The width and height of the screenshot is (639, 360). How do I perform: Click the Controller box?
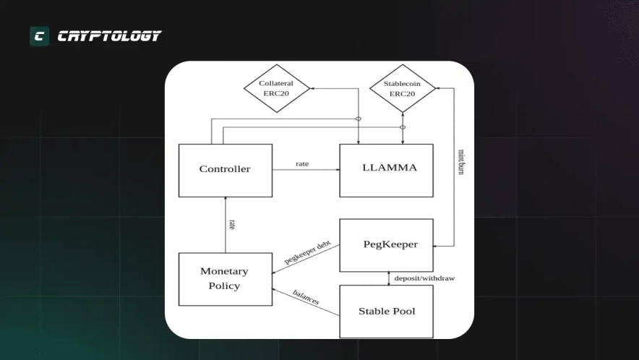pos(225,170)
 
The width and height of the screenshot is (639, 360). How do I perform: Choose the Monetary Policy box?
pos(225,278)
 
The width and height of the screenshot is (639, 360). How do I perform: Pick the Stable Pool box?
pos(386,312)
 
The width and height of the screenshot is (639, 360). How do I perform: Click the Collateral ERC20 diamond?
pos(275,89)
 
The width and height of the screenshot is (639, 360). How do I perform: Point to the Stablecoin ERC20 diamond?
pos(402,89)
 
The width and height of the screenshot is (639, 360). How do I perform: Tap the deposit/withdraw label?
pos(424,278)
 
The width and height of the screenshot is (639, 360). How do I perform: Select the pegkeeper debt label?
pos(307,252)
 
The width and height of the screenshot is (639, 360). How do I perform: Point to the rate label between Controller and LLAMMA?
pos(302,163)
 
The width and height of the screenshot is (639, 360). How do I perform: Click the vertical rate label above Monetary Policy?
pos(232,224)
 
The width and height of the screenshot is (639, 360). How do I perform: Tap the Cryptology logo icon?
pos(39,36)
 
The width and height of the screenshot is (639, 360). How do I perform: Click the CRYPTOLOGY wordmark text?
pos(109,36)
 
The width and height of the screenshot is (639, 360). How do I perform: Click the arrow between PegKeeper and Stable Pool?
pos(388,278)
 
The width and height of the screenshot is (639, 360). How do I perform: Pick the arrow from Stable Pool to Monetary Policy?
pos(306,302)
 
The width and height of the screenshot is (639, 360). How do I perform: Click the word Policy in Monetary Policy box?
pos(224,286)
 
